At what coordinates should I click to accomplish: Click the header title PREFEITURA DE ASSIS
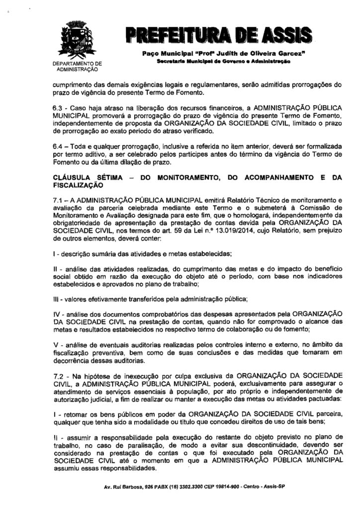point(218,34)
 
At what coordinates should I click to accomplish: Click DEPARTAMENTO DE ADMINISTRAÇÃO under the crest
point(77,67)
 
